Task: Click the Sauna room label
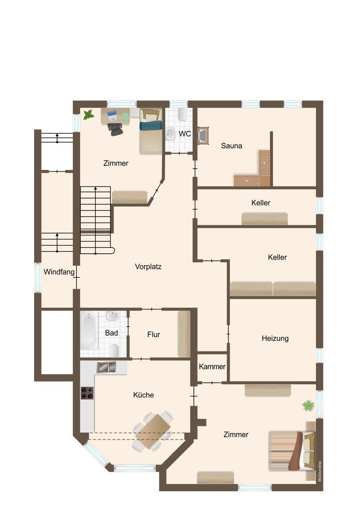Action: click(231, 145)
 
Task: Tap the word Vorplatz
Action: click(148, 266)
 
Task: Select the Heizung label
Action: click(275, 338)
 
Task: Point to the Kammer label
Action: click(212, 366)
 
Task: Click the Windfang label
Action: click(59, 272)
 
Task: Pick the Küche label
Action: click(143, 395)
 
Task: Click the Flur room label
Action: click(154, 335)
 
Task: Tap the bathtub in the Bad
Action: click(89, 330)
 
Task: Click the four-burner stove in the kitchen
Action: click(87, 393)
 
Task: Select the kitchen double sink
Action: click(107, 367)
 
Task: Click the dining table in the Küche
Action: click(152, 431)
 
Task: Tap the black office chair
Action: click(115, 129)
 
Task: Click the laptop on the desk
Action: click(112, 115)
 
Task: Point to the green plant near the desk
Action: click(88, 115)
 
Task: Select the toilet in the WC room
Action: click(183, 114)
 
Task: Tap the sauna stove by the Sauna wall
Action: click(203, 135)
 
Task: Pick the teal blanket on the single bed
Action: click(151, 126)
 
